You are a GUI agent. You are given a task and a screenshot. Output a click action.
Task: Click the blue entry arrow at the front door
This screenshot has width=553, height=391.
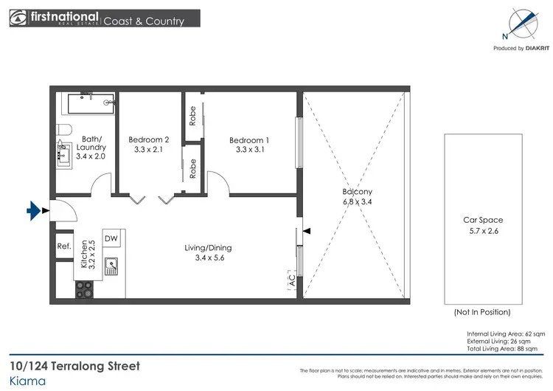(33, 212)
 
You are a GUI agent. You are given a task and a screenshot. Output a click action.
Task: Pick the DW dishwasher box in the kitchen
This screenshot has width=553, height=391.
(111, 238)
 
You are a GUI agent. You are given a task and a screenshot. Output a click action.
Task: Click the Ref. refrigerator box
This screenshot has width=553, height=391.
(63, 246)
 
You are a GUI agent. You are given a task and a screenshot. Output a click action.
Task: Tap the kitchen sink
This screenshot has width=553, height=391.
(112, 263)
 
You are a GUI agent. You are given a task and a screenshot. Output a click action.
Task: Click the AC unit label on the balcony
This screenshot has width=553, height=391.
(292, 280)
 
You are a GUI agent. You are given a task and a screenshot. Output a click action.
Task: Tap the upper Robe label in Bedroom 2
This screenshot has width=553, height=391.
(192, 117)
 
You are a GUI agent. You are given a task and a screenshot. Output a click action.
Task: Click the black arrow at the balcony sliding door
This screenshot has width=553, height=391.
(307, 231)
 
